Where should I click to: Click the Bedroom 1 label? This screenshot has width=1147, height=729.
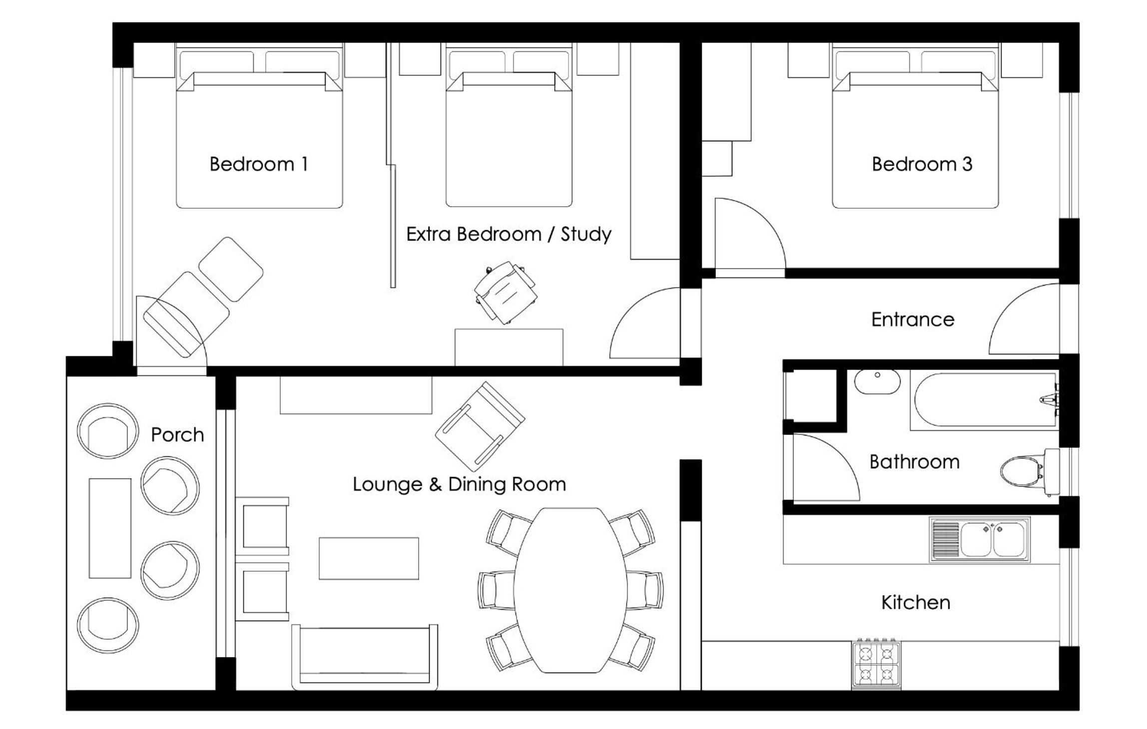click(258, 164)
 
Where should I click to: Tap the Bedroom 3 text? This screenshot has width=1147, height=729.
click(922, 164)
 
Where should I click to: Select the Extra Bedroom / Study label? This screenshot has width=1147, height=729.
click(509, 234)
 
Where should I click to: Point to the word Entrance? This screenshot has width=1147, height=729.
click(913, 320)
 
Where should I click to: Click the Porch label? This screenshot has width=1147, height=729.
click(177, 435)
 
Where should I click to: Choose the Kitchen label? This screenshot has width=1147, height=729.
click(915, 603)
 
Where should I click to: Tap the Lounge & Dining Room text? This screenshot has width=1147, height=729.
click(459, 484)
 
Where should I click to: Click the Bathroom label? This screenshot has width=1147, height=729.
click(914, 462)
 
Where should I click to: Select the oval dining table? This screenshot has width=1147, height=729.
click(570, 590)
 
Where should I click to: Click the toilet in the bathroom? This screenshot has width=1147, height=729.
click(1030, 471)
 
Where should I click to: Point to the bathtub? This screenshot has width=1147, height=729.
click(983, 400)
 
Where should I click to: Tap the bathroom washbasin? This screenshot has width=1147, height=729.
click(877, 381)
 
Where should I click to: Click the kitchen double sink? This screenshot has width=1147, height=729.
click(980, 540)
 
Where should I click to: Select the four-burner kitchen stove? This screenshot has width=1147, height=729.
click(876, 664)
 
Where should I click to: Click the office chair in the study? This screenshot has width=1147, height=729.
click(506, 293)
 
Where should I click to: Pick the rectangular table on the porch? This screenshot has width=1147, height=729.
click(110, 528)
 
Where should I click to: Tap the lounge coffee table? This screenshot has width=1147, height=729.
click(369, 558)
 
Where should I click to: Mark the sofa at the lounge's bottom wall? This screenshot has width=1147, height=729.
click(365, 657)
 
